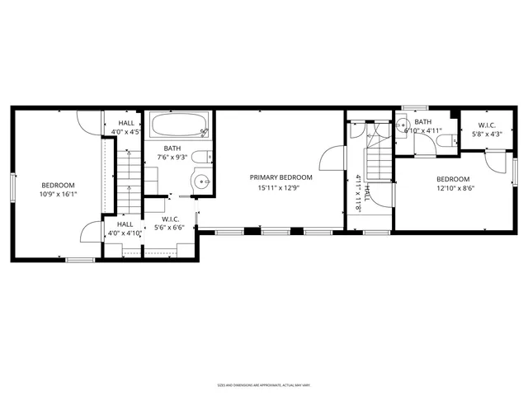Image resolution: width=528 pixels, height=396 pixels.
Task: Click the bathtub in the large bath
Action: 179,126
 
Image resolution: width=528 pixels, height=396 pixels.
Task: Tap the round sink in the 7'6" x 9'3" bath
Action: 200,180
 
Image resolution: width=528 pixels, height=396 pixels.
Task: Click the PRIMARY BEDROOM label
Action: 281,177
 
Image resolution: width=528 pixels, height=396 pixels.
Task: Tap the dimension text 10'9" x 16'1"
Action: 59,195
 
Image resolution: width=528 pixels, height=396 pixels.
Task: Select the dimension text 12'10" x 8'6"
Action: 453,189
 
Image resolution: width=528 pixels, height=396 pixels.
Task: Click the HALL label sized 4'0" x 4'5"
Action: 125,123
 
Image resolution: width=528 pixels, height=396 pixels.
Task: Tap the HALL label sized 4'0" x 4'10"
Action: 125,224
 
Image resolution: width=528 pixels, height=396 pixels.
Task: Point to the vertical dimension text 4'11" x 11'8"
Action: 357,192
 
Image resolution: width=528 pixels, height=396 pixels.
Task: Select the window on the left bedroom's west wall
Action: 12,186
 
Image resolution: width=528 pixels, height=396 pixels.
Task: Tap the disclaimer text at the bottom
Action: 263,385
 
